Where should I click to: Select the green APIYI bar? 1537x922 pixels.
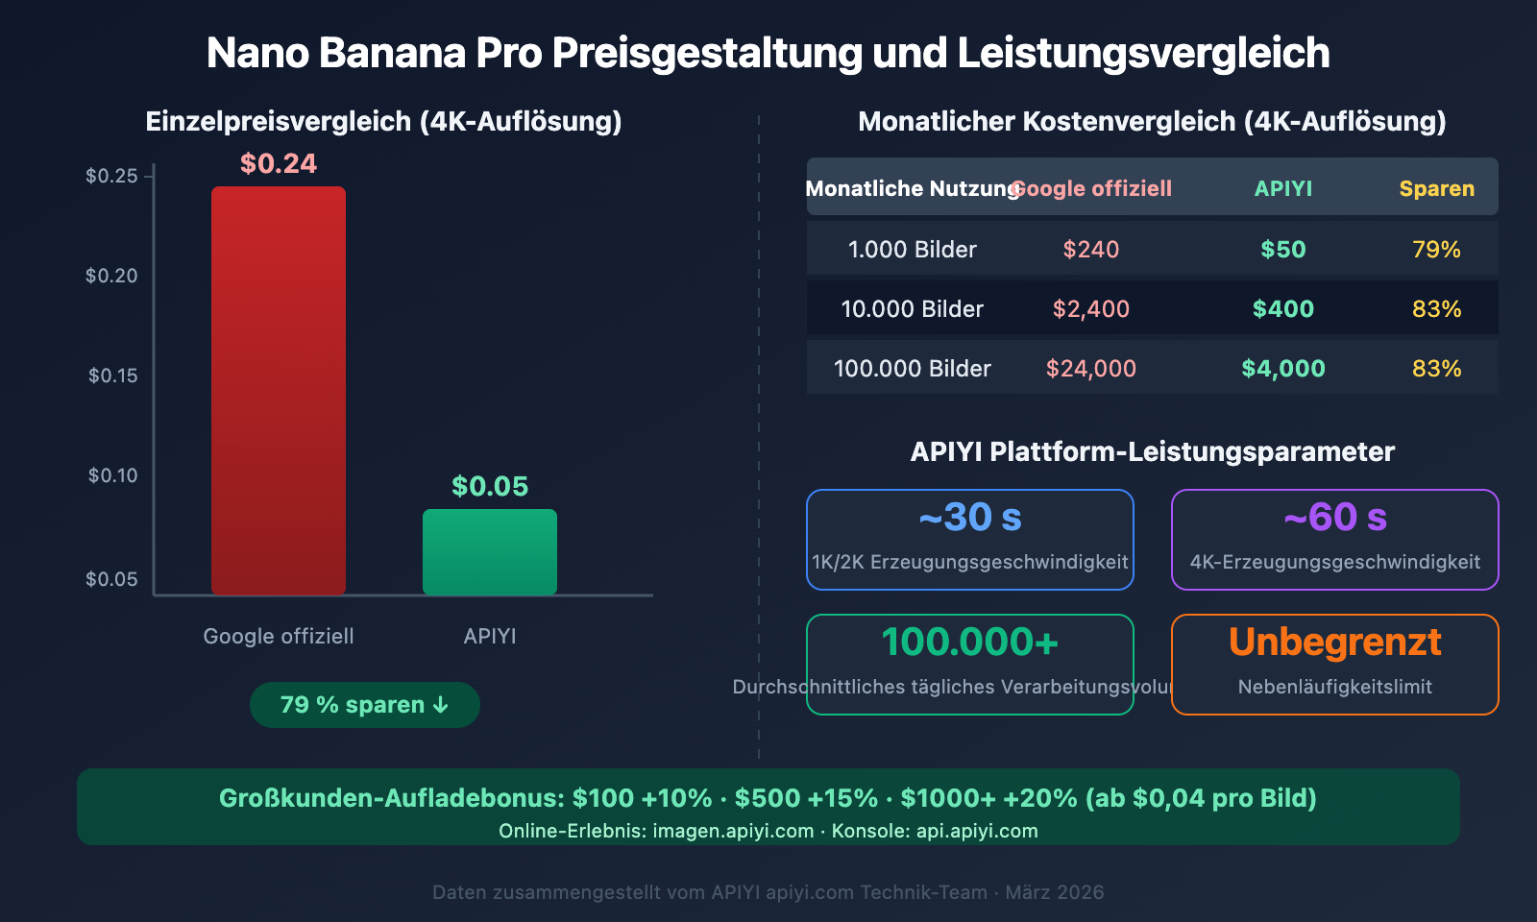click(490, 551)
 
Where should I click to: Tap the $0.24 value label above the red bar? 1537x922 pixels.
click(279, 163)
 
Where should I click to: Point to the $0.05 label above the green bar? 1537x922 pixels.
click(490, 486)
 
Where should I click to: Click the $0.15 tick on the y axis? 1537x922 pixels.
click(113, 376)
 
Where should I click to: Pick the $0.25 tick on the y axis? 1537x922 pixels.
click(111, 176)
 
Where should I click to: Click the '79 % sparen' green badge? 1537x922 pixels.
click(365, 705)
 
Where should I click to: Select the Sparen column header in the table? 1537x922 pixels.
click(1436, 188)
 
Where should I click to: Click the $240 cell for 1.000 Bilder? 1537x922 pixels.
click(1090, 250)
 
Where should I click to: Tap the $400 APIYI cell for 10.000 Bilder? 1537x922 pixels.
click(1282, 309)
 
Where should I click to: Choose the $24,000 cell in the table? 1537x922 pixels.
click(1090, 369)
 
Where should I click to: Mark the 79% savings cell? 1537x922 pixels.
click(1436, 250)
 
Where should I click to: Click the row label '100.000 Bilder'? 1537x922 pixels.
click(912, 369)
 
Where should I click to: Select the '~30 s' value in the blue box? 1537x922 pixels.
click(970, 518)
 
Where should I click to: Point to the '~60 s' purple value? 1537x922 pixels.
click(1335, 518)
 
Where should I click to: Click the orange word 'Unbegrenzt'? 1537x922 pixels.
click(1335, 642)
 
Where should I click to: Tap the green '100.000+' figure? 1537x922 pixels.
click(970, 642)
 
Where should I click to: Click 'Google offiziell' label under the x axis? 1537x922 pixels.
click(279, 636)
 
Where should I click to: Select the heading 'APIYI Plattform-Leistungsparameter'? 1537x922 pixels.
click(1152, 451)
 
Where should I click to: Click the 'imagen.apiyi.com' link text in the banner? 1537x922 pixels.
click(733, 831)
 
